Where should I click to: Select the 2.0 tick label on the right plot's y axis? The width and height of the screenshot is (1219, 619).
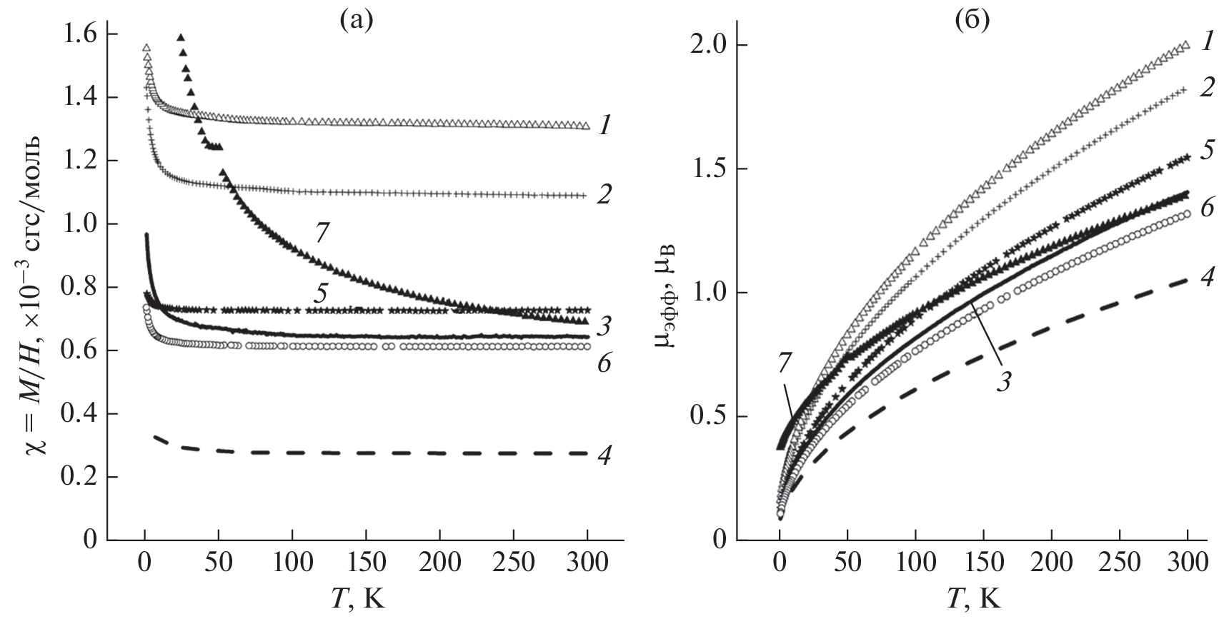tap(710, 46)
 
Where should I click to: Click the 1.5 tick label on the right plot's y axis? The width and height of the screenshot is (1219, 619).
tap(710, 169)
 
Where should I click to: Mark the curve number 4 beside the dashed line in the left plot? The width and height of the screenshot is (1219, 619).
tap(604, 455)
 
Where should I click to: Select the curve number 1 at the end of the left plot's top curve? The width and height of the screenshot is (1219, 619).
tap(604, 126)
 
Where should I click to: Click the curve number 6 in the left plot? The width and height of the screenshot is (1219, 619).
tap(604, 364)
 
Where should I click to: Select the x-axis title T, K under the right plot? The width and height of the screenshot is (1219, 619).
tap(973, 597)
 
